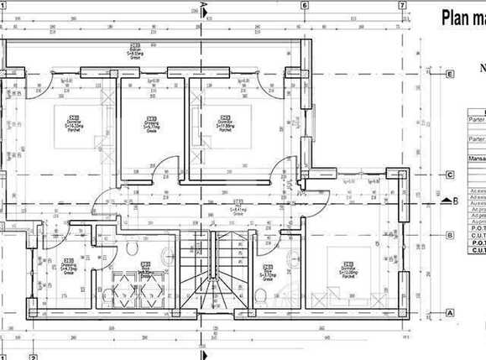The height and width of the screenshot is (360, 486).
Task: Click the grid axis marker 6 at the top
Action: point(303,5)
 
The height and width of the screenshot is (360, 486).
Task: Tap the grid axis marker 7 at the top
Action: point(402,5)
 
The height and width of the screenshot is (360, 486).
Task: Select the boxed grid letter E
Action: point(451,74)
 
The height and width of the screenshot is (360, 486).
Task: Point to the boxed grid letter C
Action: point(451,175)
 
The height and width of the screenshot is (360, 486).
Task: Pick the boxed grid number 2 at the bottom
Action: point(34,356)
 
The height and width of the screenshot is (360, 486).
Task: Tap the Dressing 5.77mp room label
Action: point(152,125)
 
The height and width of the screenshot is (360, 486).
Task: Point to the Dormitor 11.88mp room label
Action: point(225,124)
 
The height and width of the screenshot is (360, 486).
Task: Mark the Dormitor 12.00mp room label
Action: point(348,269)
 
